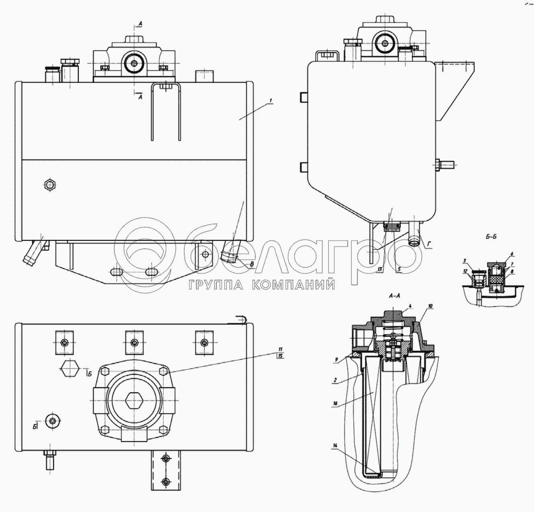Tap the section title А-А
coord(395,296)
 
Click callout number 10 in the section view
coord(430,306)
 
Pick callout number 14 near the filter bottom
coord(334,445)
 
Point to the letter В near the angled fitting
coord(252,264)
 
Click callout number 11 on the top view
coord(280,348)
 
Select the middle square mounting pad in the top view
coord(134,342)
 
